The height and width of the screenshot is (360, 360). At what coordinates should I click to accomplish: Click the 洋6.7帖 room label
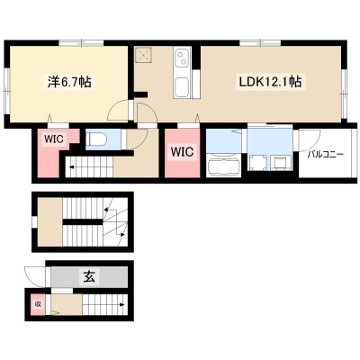pos(69,82)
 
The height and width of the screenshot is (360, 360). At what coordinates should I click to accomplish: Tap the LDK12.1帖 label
pos(270,82)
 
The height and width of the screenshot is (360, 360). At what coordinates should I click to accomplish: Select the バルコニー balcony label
pos(326,155)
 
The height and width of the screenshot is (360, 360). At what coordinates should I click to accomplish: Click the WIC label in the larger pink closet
pos(183,151)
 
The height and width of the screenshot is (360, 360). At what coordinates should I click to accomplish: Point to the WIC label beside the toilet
pos(54,139)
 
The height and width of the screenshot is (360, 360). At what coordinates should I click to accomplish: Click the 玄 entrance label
pos(89,277)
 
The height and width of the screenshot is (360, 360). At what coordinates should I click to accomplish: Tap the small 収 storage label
pos(38,304)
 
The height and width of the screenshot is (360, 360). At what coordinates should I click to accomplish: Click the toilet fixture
pos(96,139)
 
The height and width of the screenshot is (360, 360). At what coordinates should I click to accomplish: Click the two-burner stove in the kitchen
pos(182,58)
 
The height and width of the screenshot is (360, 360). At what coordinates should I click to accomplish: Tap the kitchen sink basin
pos(182,86)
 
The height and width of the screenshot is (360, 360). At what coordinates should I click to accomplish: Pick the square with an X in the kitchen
pos(144,55)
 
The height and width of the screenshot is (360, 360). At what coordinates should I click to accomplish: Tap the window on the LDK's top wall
pos(260,43)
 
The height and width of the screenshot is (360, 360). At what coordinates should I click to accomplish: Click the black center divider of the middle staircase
pos(83,222)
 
